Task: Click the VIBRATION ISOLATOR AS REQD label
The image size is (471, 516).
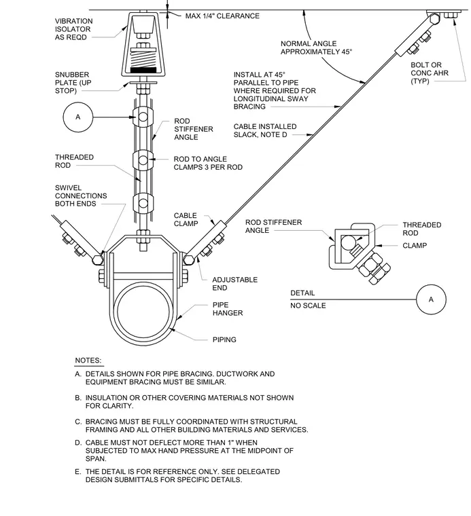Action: [x=74, y=29]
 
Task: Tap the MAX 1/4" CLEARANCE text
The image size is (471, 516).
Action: [x=222, y=16]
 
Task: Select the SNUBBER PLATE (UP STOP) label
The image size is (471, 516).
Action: [x=73, y=83]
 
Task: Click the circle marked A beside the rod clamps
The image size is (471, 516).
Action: [x=78, y=117]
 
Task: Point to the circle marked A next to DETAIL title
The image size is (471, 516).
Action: [x=431, y=299]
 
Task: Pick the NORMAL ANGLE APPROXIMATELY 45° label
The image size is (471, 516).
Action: [x=316, y=48]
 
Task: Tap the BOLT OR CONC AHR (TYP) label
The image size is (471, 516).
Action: [x=430, y=73]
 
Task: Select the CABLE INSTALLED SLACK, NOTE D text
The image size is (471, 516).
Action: [x=265, y=130]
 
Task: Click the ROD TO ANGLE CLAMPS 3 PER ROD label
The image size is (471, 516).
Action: [x=208, y=163]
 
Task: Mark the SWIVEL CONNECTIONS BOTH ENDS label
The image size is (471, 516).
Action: [x=81, y=196]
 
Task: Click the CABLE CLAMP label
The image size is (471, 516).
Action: [x=186, y=219]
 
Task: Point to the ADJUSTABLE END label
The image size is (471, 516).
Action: [x=235, y=284]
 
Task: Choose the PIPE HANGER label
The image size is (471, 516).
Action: [x=228, y=309]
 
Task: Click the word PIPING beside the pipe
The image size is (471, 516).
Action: [x=224, y=339]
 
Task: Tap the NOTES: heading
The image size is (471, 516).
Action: [x=88, y=361]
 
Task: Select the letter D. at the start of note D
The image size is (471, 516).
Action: [x=78, y=443]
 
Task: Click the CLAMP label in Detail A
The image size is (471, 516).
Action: [x=415, y=246]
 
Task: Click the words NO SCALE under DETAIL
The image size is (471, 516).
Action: [x=308, y=306]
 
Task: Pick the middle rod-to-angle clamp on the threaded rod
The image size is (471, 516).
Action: [x=143, y=160]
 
